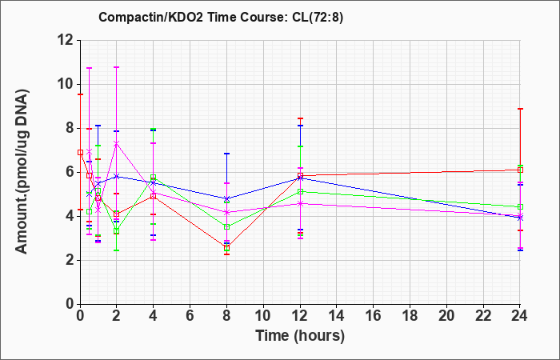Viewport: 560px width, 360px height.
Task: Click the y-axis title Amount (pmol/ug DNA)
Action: tap(22, 171)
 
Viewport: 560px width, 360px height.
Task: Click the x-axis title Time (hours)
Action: tap(300, 336)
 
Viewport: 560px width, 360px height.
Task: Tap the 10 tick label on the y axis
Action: tap(66, 84)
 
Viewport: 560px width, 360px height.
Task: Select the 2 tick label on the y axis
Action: tap(70, 260)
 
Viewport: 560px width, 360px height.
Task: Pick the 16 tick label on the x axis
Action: tap(373, 316)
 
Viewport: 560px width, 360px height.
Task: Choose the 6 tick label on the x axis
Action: tap(190, 316)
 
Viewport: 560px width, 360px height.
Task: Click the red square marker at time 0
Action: tap(80, 153)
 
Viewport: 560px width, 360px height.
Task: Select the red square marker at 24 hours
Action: tap(520, 170)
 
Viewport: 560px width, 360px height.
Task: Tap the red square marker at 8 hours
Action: tap(226, 247)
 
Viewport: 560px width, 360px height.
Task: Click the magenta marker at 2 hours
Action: tap(116, 143)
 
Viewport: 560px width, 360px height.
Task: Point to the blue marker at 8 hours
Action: tap(226, 198)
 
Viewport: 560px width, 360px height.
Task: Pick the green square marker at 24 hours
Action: tap(520, 206)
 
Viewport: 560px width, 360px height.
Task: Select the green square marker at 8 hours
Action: tap(226, 226)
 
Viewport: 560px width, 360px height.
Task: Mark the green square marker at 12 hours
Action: tap(300, 192)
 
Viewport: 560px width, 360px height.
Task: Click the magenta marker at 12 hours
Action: tap(300, 203)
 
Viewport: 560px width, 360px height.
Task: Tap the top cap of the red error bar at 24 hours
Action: tap(520, 109)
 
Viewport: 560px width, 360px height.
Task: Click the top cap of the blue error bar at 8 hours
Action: tap(226, 154)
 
